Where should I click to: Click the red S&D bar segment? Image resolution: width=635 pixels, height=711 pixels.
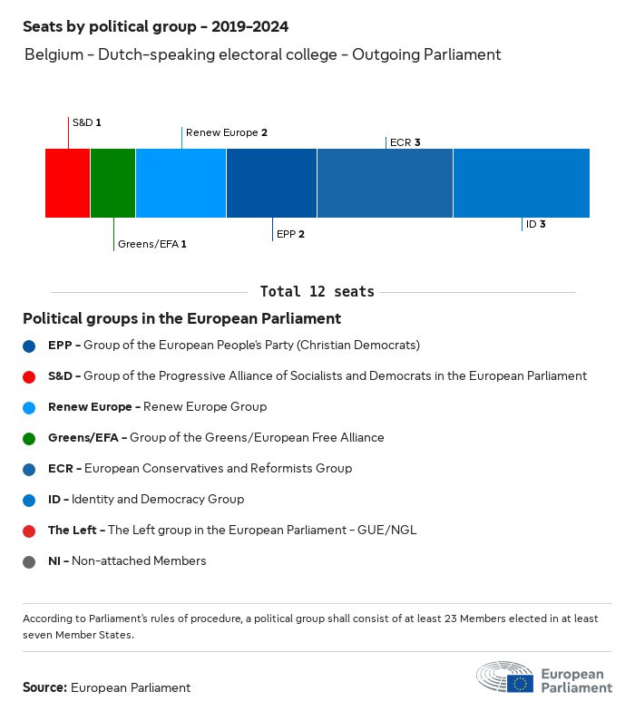68,183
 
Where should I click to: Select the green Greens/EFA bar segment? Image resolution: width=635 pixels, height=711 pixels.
112,183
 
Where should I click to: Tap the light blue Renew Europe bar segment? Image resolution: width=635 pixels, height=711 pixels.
181,183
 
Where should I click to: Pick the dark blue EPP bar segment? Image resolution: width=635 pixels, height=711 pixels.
271,183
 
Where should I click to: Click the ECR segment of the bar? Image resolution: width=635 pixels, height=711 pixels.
385,183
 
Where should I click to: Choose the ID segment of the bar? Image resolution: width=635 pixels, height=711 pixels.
521,183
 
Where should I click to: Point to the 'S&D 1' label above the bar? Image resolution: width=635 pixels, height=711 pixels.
86,122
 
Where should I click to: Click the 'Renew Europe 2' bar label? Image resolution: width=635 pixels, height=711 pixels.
226,132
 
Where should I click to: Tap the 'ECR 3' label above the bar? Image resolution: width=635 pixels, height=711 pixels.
405,142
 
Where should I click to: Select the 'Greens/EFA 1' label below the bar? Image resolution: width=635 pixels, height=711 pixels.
151,244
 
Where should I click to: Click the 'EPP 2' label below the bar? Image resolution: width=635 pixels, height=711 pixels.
290,234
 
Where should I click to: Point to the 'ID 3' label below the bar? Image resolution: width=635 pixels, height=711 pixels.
535,224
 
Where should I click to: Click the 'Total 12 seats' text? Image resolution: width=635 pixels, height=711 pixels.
317,292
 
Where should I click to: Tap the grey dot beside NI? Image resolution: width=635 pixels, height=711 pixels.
29,561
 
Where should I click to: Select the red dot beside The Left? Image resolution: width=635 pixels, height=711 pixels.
29,531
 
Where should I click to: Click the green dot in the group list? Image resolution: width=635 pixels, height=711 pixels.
29,438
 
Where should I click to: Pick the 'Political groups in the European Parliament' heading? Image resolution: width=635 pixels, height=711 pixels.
181,319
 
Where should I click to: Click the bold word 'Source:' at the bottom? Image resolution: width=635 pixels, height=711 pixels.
44,687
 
